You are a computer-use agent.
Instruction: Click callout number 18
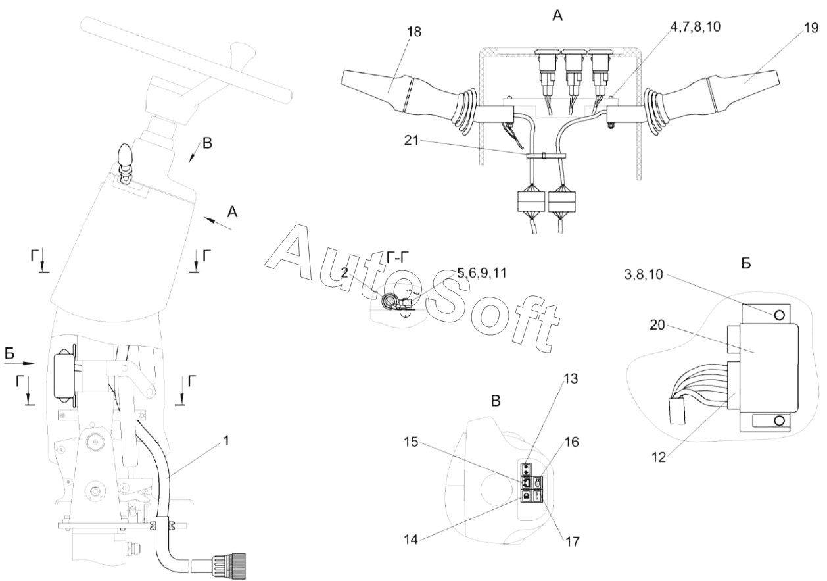click(415, 32)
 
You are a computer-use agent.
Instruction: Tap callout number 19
click(811, 28)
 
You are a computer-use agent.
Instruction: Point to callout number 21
click(412, 140)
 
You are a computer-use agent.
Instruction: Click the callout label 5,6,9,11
click(482, 273)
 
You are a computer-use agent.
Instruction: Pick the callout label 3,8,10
click(644, 274)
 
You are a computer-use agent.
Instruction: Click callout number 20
click(657, 325)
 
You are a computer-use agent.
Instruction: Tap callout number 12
click(659, 457)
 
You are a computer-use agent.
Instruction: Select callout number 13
click(571, 378)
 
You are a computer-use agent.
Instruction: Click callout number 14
click(411, 540)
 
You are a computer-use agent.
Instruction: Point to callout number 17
click(572, 542)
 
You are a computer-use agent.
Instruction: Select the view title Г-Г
click(398, 258)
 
